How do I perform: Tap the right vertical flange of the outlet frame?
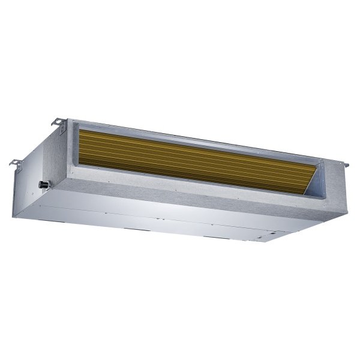pyautogui.click(x=329, y=180)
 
